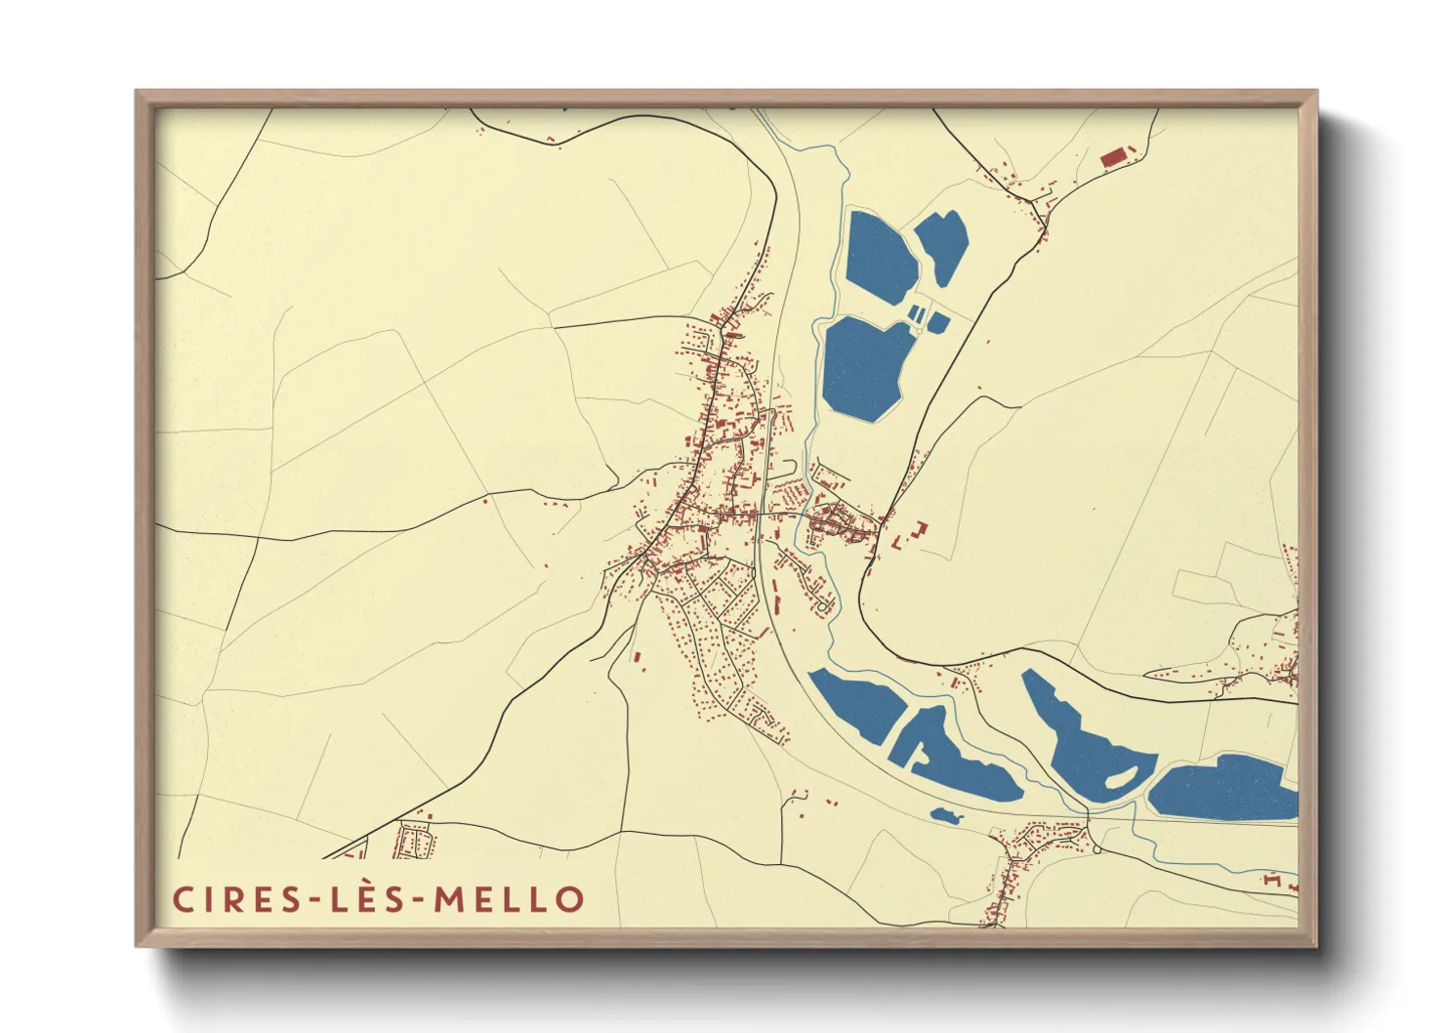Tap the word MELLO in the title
tap(509, 899)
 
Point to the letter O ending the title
tap(569, 899)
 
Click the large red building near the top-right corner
tap(1113, 156)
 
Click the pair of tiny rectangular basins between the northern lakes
tap(916, 313)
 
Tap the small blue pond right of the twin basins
tap(937, 321)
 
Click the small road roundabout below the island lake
tap(1097, 850)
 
